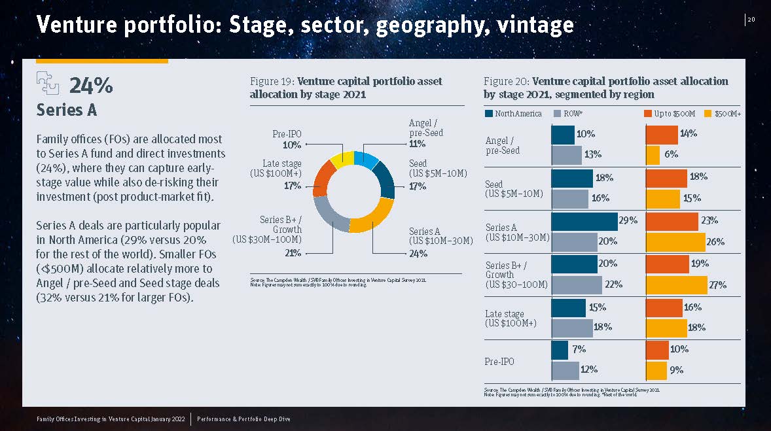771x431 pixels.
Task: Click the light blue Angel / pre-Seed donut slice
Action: [x=365, y=159]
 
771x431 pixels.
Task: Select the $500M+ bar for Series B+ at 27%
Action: [x=676, y=285]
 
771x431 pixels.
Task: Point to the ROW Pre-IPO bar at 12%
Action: [x=565, y=371]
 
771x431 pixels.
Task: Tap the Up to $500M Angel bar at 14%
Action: [x=661, y=135]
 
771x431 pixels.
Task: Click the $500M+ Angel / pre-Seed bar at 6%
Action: [x=653, y=156]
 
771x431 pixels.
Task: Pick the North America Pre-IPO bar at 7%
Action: [x=560, y=350]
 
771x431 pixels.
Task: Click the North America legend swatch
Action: [x=489, y=114]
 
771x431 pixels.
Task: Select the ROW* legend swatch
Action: [x=558, y=114]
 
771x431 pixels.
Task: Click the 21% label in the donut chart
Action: [x=293, y=252]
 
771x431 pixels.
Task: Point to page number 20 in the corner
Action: [x=751, y=20]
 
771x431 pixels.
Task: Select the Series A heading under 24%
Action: [x=67, y=110]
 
